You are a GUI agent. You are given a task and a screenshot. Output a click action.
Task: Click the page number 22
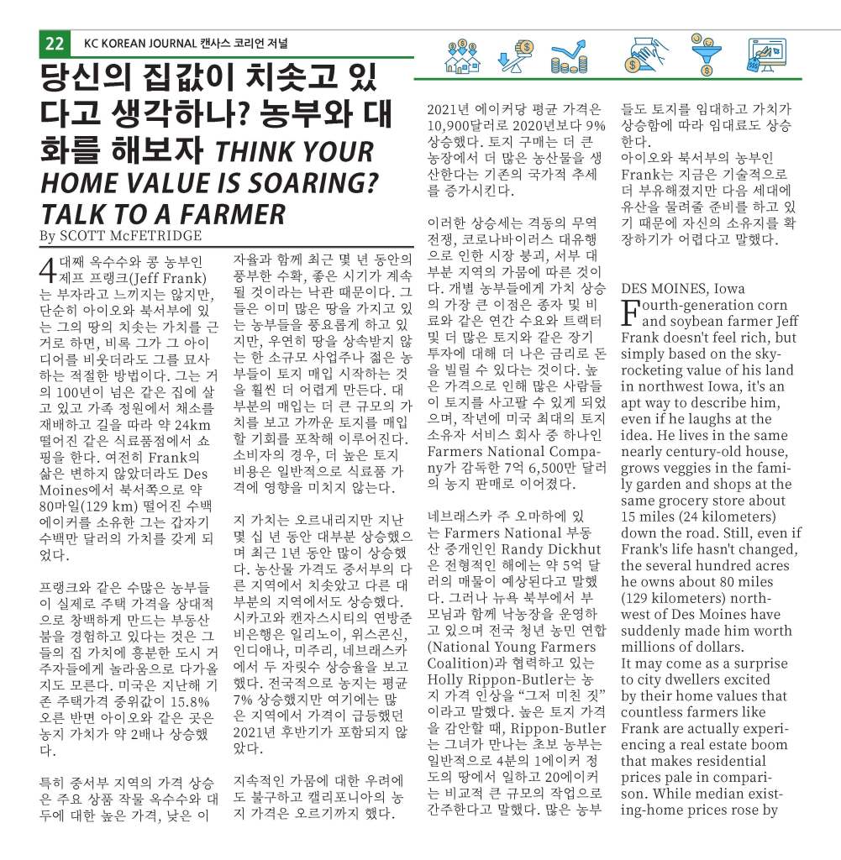click(55, 44)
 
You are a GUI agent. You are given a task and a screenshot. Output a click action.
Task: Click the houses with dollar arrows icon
click(462, 56)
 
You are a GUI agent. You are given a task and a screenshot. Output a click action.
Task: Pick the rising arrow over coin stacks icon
click(569, 58)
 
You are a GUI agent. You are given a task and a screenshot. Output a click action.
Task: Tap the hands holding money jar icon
click(645, 56)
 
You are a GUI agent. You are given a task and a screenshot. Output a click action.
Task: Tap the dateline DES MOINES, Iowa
click(682, 289)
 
